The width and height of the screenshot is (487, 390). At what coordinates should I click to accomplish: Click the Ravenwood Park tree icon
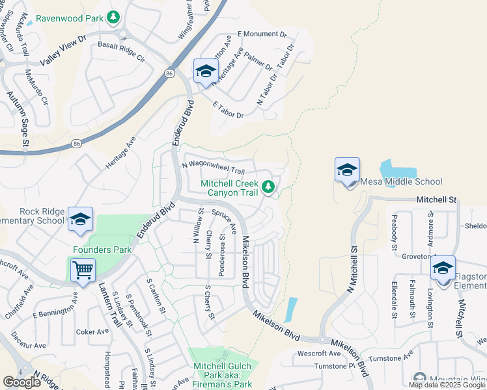114,17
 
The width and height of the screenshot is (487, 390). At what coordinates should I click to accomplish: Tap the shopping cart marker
83,269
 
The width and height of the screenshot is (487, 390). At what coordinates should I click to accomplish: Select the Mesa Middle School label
401,182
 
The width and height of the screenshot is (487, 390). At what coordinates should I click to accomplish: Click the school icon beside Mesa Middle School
347,170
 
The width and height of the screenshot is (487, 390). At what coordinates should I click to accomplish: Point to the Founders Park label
102,250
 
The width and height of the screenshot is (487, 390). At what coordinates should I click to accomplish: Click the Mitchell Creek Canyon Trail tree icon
268,188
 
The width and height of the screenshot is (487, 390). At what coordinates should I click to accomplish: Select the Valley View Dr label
63,51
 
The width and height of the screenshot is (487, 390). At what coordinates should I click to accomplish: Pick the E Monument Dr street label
262,33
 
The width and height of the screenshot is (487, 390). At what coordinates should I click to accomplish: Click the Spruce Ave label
224,220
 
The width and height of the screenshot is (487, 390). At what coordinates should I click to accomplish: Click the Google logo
22,382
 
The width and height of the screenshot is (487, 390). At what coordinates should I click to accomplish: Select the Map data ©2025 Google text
447,385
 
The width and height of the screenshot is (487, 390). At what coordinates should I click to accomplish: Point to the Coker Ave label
92,331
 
